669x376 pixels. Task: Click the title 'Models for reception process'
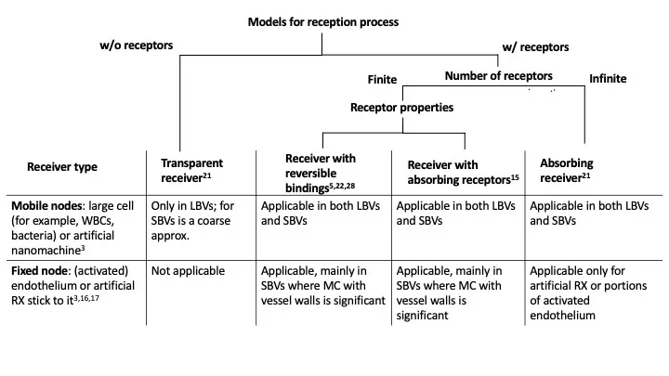[323, 22]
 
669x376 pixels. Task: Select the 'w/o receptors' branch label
[136, 45]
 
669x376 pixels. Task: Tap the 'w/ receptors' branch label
[535, 47]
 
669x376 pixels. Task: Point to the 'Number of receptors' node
[498, 76]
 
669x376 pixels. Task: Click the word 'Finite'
[382, 79]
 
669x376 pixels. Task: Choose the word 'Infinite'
[608, 78]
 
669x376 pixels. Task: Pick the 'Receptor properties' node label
[401, 108]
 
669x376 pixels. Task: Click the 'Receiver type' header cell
[62, 167]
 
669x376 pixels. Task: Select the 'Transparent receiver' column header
[191, 170]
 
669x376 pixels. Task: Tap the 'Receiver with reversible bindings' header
[320, 173]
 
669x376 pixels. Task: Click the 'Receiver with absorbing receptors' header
[463, 173]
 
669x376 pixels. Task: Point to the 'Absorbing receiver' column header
[566, 170]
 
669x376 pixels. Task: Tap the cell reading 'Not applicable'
[188, 271]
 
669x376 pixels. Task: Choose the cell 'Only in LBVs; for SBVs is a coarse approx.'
[192, 220]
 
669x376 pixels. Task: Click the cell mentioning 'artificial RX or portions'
[588, 292]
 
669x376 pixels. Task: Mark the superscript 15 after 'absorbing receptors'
[515, 176]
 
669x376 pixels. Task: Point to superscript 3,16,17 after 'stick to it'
[86, 298]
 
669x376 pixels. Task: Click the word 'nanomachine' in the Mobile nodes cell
[46, 251]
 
